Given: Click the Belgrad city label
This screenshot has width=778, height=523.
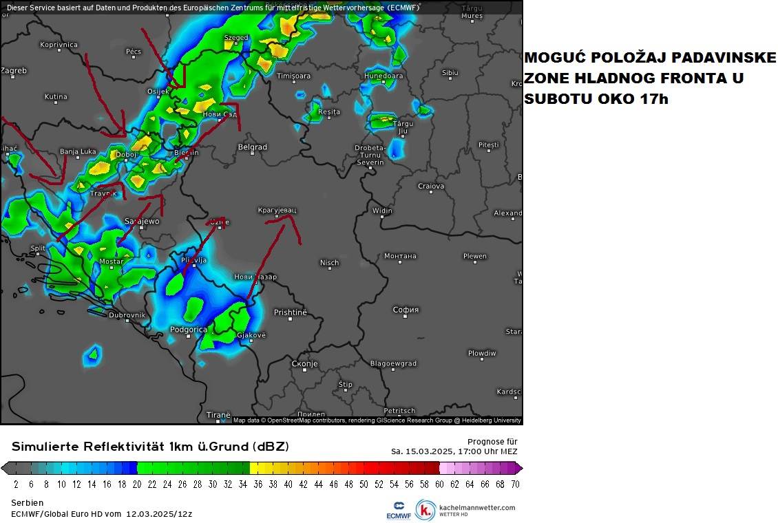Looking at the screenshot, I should tap(252, 147).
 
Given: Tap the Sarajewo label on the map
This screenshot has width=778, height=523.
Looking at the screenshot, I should tap(142, 221).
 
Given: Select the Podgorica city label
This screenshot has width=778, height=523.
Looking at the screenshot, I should tap(188, 330).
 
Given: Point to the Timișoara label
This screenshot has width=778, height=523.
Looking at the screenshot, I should tap(293, 76).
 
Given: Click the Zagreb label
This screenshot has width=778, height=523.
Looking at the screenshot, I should tap(13, 70).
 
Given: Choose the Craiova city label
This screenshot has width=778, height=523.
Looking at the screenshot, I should tap(431, 186).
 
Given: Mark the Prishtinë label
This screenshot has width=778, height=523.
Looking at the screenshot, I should tap(290, 312).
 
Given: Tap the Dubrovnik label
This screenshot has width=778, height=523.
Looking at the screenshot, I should tap(127, 315).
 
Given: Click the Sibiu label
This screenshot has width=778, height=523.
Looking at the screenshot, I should tap(450, 72).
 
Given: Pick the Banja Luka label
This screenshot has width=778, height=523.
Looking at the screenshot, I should tap(78, 151).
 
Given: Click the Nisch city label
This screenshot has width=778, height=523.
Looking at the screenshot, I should tap(329, 263).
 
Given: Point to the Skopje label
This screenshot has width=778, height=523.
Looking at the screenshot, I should tap(304, 363).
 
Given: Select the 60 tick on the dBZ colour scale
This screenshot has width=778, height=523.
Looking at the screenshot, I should tap(439, 484).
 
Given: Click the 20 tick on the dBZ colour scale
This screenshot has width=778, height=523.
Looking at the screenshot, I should tap(137, 484).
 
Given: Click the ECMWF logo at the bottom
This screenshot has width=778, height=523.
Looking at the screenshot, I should tap(399, 510).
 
